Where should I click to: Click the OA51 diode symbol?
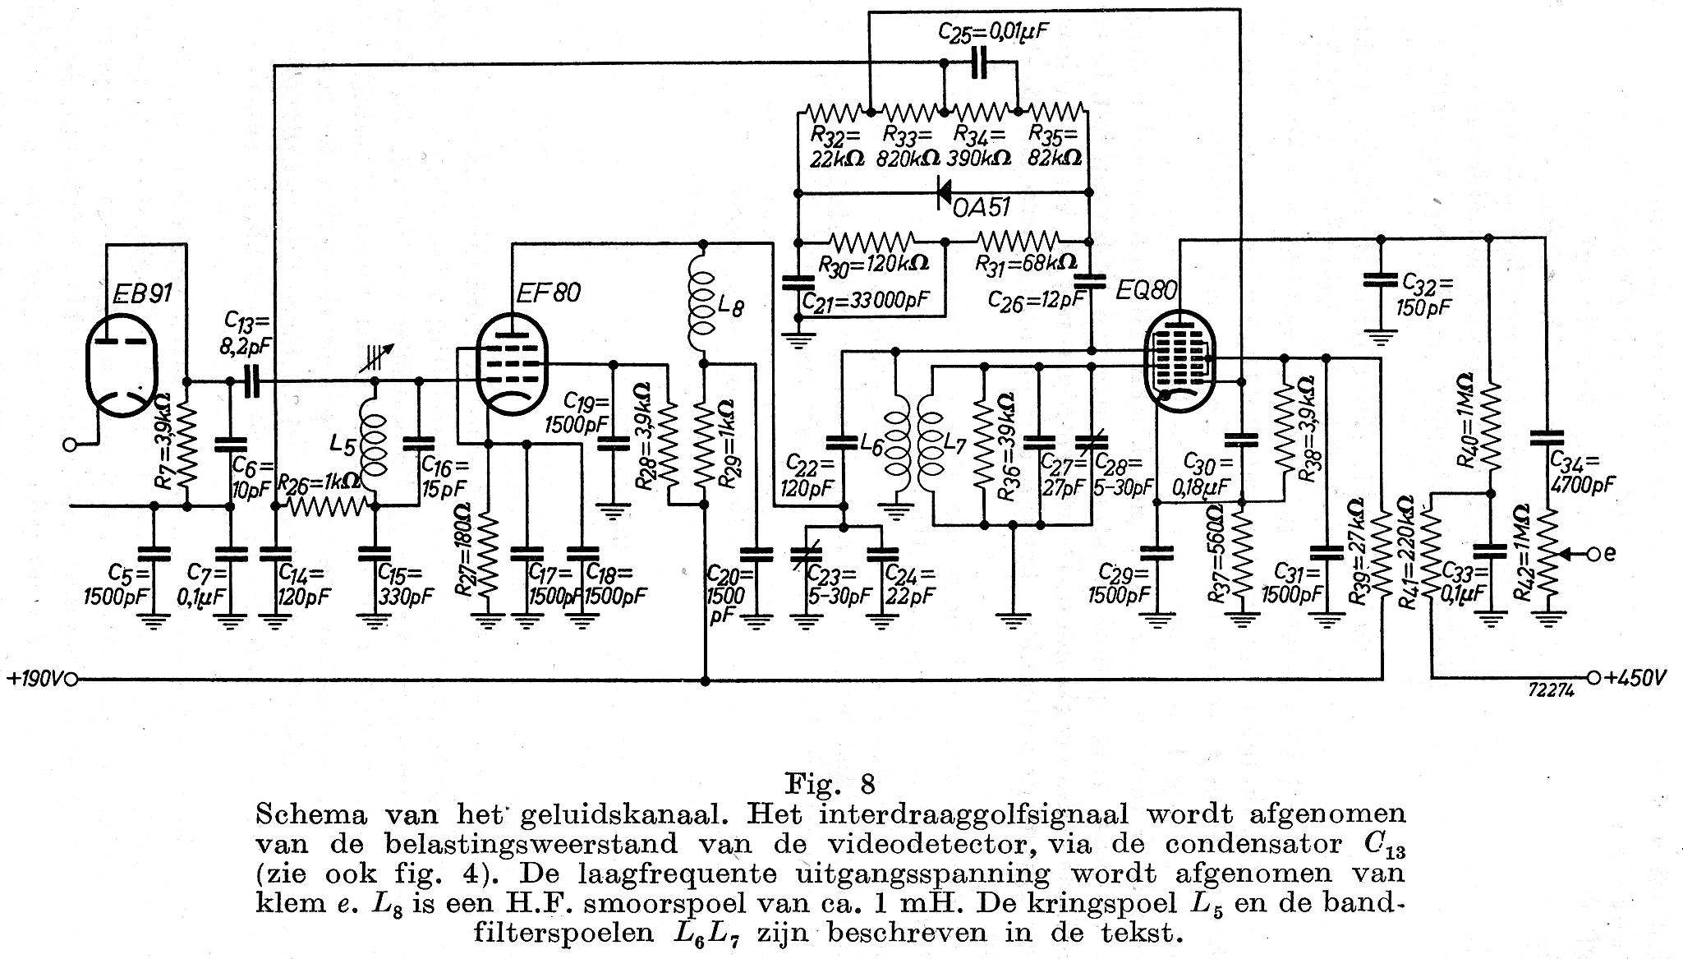[944, 194]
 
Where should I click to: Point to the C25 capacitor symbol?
[978, 63]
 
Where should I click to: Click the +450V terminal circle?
[1593, 678]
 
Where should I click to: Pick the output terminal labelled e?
[1593, 555]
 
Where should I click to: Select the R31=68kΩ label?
[1027, 264]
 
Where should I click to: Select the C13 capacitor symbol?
[251, 381]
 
